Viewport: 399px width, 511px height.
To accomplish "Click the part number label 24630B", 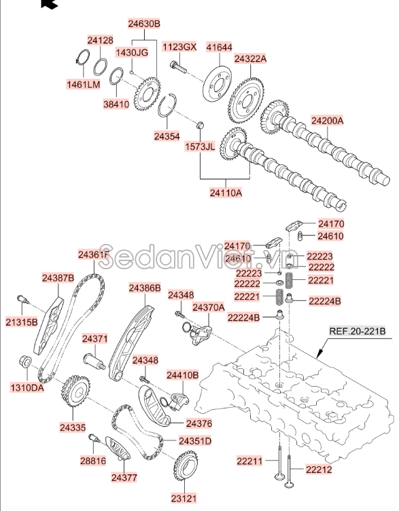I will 144,24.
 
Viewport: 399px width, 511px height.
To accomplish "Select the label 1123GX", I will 179,47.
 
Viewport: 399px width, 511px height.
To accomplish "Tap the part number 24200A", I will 328,121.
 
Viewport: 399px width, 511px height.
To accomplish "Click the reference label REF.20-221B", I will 358,331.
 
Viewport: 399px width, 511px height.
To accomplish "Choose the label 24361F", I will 94,255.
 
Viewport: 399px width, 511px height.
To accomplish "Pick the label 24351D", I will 195,441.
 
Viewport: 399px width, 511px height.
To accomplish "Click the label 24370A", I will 208,307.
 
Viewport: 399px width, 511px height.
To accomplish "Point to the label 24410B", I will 182,374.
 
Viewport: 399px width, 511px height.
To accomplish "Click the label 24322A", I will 250,59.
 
